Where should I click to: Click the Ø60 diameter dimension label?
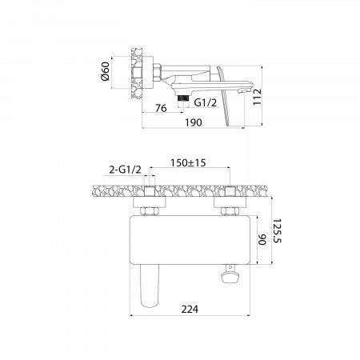point(106,71)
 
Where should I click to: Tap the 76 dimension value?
point(161,108)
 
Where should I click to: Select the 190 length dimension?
point(194,122)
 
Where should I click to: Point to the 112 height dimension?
point(258,97)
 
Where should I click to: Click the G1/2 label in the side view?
point(206,102)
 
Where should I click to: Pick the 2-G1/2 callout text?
point(126,170)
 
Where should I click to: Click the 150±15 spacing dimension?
point(188,162)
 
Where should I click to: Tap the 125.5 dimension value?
point(278,231)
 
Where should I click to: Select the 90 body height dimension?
point(262,240)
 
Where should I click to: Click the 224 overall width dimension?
point(190,310)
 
